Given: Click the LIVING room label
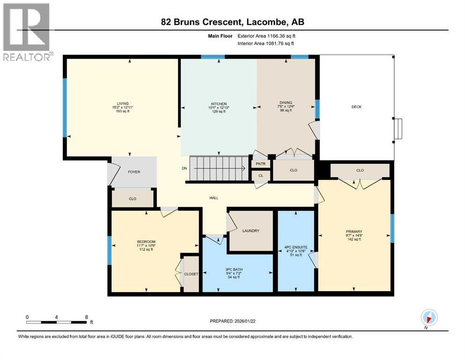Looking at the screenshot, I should pyautogui.click(x=123, y=104).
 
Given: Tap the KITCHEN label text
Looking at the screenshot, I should pyautogui.click(x=218, y=104).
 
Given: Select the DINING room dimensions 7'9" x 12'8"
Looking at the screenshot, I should pyautogui.click(x=286, y=107).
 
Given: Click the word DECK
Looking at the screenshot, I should pyautogui.click(x=356, y=107).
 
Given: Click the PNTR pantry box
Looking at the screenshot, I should pyautogui.click(x=261, y=164).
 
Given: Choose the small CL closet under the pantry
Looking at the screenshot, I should pyautogui.click(x=261, y=176).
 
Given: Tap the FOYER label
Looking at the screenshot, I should pyautogui.click(x=134, y=172).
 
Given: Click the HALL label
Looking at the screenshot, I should pyautogui.click(x=214, y=197).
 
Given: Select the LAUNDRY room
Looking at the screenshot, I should pyautogui.click(x=251, y=231).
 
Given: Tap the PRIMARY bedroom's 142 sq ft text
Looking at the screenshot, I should pyautogui.click(x=354, y=240).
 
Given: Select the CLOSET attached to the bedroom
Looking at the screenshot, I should pyautogui.click(x=191, y=274).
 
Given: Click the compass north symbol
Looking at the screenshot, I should pyautogui.click(x=428, y=317).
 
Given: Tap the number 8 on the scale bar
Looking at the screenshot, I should pyautogui.click(x=87, y=317).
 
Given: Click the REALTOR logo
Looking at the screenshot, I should pyautogui.click(x=26, y=32).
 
